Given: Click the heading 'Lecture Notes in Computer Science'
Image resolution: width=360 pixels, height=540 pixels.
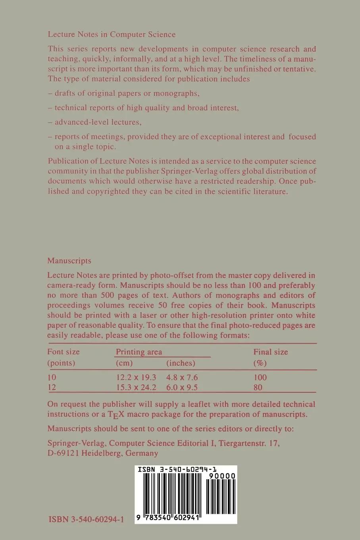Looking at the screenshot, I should (112, 34).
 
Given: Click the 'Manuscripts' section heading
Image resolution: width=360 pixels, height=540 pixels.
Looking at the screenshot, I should (69, 261).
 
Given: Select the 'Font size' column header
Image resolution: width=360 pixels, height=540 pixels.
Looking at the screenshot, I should (64, 352).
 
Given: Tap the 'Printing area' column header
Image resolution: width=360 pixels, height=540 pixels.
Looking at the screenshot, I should (139, 352).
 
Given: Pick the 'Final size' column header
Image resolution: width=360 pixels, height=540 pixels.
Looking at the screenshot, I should (271, 352).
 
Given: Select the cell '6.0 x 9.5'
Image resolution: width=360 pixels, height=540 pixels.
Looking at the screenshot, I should (182, 388).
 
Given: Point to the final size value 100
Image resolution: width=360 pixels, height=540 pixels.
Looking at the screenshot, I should (260, 377).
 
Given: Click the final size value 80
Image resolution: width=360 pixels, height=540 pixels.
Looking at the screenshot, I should (258, 388).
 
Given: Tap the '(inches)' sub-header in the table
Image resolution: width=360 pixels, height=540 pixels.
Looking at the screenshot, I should (181, 363).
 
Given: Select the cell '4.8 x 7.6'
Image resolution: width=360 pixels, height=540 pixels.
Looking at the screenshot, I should (182, 377).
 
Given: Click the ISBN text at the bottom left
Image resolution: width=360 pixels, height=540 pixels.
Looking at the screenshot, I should (86, 519).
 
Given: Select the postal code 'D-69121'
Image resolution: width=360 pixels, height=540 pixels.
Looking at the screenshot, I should (63, 453).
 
